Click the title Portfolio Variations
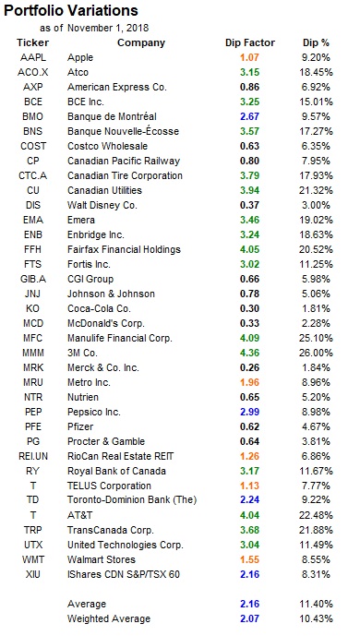pos(71,10)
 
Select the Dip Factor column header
pos(250,42)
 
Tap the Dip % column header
pos(317,42)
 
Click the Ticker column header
pos(33,42)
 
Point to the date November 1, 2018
pos(108,28)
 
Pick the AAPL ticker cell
pos(33,57)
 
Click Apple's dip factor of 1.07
pos(249,57)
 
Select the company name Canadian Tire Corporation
pos(125,175)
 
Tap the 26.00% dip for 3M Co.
pos(317,353)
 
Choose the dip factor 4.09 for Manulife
pos(249,338)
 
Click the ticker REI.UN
pos(33,456)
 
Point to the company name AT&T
pos(80,515)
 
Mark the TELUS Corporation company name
pos(109,486)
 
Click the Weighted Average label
pos(109,618)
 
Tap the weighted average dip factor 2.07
pos(249,618)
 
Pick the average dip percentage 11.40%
pos(317,604)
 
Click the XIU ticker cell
pos(33,574)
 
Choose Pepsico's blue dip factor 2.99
pos(249,412)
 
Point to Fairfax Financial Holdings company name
pos(124,249)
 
